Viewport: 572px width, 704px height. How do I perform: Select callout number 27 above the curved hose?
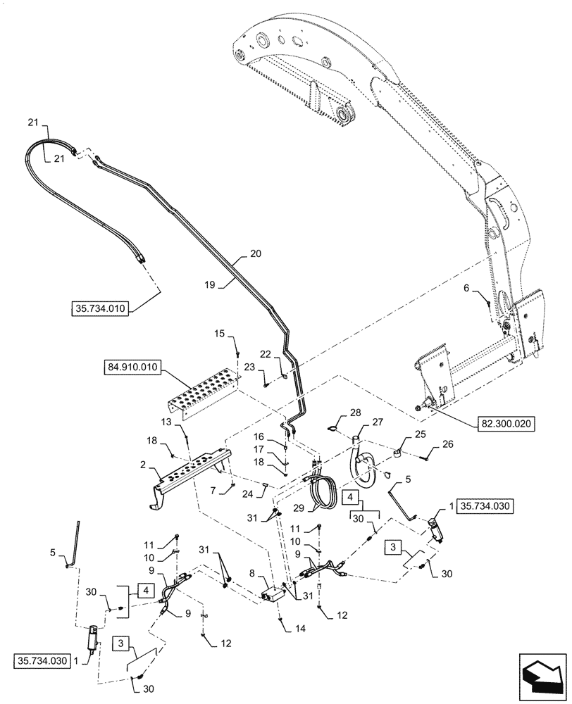(x=378, y=422)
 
